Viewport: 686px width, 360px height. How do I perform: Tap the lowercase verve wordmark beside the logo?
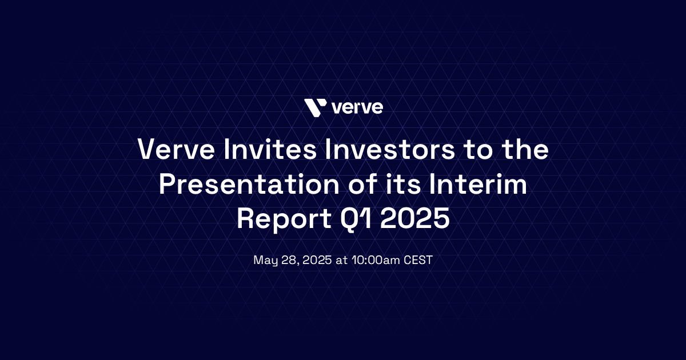pos(357,108)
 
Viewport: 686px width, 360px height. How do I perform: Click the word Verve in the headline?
pos(176,149)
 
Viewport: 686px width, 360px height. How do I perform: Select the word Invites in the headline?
pos(270,149)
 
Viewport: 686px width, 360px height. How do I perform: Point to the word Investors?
pos(390,149)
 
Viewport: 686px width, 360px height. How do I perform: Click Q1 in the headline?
pos(356,219)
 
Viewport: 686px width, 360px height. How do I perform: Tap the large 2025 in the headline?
pos(415,218)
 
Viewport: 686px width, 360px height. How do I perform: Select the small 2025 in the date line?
pos(317,260)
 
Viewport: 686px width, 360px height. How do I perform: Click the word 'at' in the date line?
pos(342,261)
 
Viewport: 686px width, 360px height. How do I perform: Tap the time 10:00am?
pos(376,260)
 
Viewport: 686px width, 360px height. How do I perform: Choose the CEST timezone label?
pos(418,260)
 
